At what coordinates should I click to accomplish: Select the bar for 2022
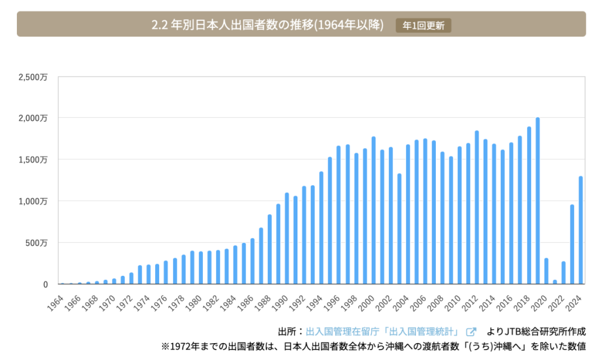[564, 273]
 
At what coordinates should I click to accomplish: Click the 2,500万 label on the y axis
[33, 76]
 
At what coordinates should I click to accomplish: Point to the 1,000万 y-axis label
[33, 201]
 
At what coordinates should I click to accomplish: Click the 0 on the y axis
[45, 285]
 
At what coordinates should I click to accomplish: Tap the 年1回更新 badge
[423, 26]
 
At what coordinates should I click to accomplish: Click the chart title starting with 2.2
[267, 26]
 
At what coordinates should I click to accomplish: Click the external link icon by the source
[471, 332]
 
